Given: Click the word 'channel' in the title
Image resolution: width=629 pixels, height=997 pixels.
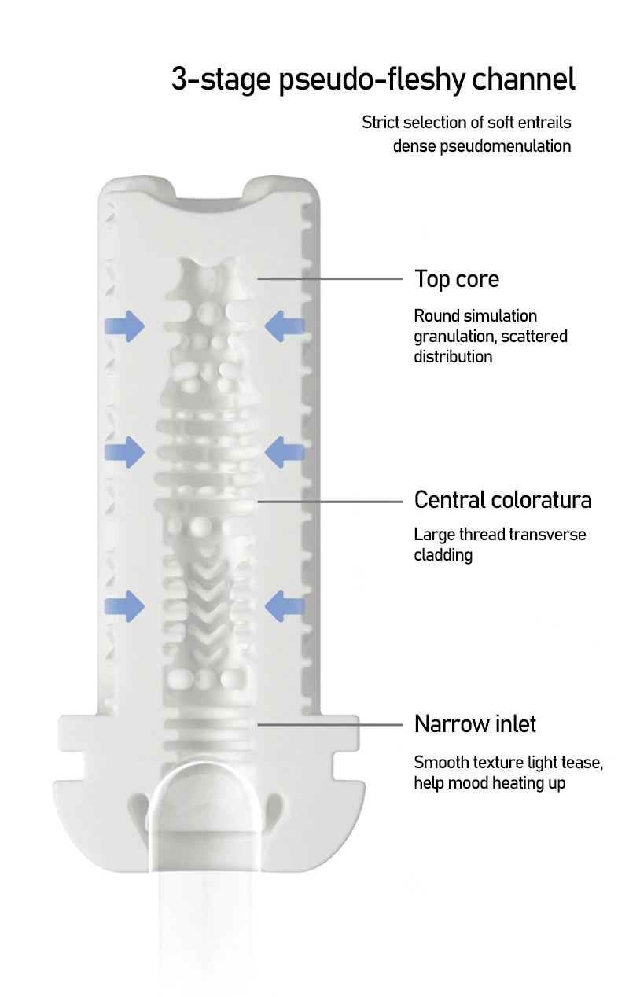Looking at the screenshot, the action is pos(523,79).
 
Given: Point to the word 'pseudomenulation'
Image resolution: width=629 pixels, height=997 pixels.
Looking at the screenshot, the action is pos(506,146).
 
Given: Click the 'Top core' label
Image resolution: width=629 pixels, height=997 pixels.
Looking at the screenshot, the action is pos(457,279).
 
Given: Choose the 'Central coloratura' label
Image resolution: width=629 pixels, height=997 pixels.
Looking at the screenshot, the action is pos(503,500).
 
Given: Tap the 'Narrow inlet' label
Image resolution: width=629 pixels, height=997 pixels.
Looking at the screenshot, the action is pos(475,723).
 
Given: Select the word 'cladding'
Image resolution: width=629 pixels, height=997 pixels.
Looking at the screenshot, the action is pos(443,555).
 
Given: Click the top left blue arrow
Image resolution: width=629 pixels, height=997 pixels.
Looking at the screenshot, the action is pos(125,326).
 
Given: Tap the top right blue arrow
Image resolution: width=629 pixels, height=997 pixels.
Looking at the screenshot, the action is pos(285,326).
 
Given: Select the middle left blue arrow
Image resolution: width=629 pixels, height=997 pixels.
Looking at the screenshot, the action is pos(125,452).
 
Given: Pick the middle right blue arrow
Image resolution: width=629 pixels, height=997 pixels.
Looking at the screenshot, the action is pos(285,452).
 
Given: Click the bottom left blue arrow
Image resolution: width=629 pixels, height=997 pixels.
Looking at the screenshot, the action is pos(125,606).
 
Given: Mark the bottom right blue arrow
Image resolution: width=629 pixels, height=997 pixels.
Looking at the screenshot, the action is pos(285,606).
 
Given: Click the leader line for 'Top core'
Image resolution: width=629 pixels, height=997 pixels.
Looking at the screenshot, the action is pos(330,278).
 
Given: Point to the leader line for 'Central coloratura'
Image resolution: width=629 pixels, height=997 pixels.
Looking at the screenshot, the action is pos(330,502).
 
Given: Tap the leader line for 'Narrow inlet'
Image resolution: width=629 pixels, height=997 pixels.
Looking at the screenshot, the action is pos(330,725).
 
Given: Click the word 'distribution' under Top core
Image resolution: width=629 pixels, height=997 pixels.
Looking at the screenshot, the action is pos(453,357).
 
